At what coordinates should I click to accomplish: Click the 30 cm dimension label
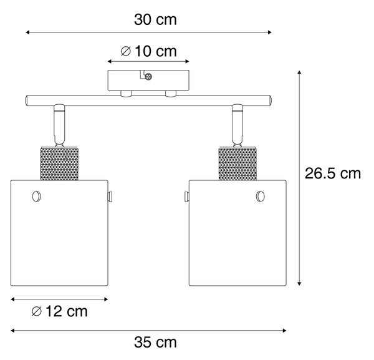pos(155,19)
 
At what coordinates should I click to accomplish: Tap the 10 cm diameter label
pos(148,51)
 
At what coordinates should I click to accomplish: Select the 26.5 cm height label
pos(333,173)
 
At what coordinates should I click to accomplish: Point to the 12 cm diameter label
pos(60,311)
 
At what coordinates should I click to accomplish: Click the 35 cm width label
pos(155,343)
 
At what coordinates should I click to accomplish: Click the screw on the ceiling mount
pos(148,77)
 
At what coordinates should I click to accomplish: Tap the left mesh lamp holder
pos(59,163)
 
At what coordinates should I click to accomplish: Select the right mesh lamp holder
pos(237,163)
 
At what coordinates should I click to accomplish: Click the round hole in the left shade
pos(37,197)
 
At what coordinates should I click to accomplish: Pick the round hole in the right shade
pos(260,197)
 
